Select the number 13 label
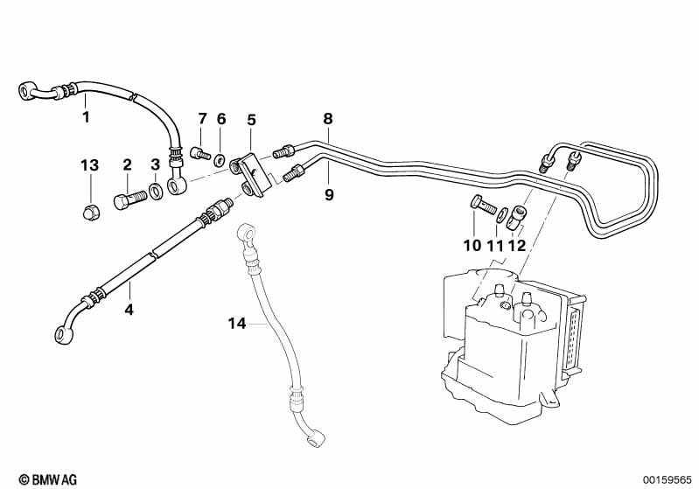[x=90, y=165]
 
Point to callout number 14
[x=236, y=323]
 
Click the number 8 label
[x=327, y=118]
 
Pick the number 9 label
[x=329, y=194]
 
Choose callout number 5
[x=251, y=119]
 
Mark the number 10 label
[x=472, y=246]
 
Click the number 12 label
[x=517, y=246]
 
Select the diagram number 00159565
[x=668, y=479]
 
